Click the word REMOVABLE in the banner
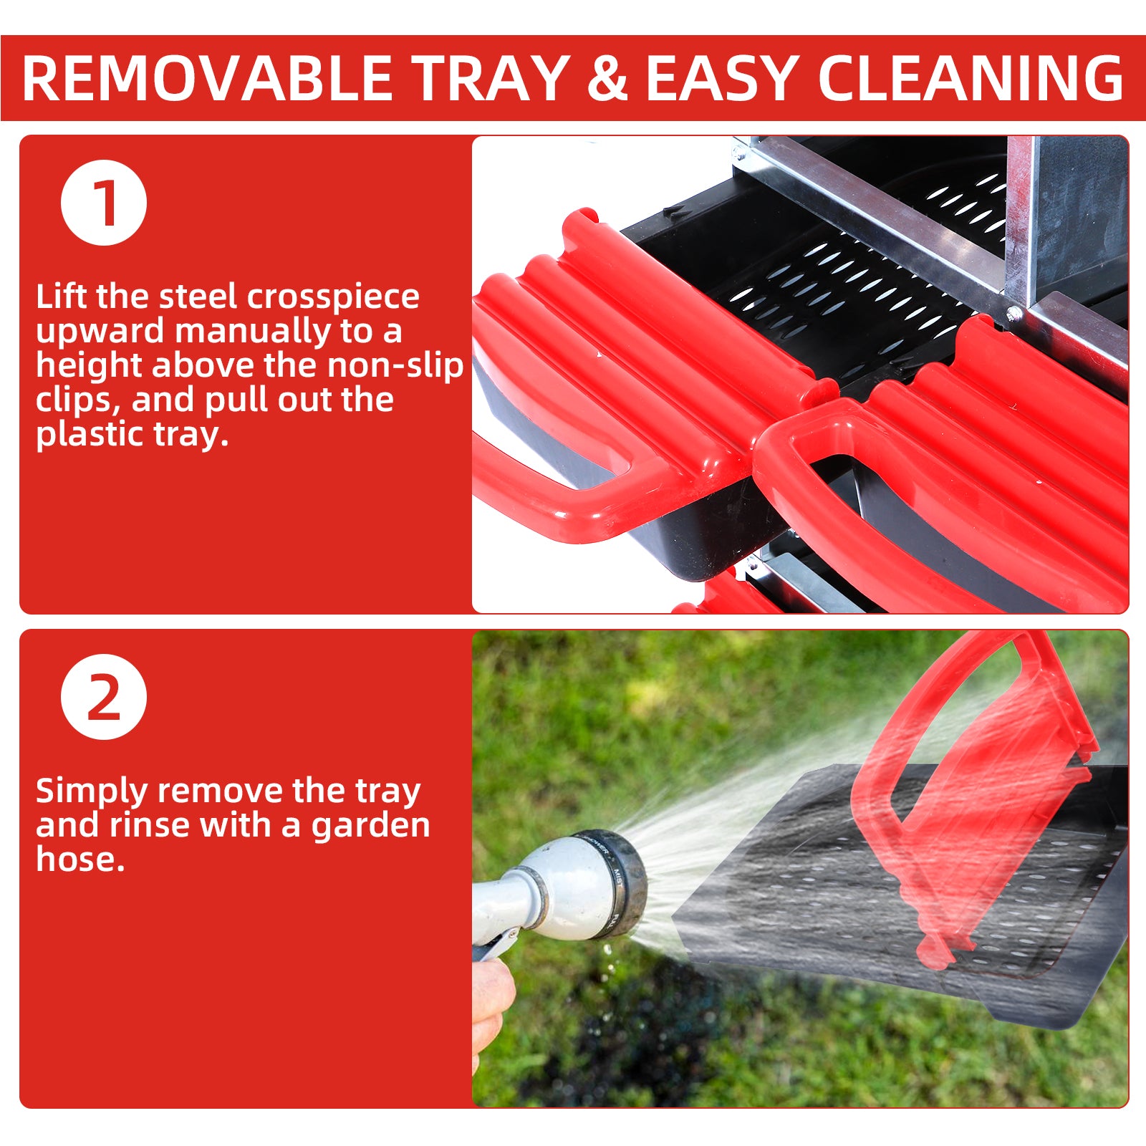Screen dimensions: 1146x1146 coord(207,78)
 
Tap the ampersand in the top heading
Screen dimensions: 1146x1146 coord(607,78)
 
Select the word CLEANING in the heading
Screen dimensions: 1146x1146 coord(971,78)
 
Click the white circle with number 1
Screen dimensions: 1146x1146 coord(104,203)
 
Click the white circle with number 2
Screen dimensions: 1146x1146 coord(104,697)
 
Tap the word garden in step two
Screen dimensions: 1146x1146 coord(370,826)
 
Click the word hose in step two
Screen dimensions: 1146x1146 coord(80,859)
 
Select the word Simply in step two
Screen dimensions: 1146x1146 coord(92,791)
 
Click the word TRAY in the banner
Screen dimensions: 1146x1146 coord(491,78)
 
